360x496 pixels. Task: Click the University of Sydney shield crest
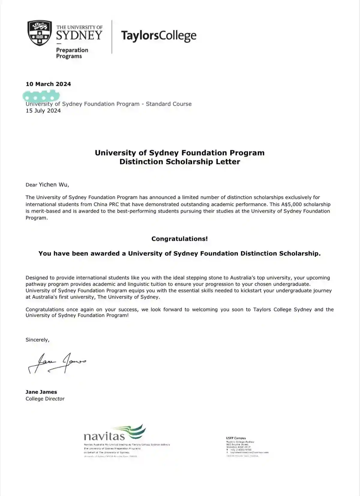pyautogui.click(x=40, y=33)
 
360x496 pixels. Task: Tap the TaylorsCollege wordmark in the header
pyautogui.click(x=159, y=36)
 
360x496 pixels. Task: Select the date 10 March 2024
pyautogui.click(x=48, y=84)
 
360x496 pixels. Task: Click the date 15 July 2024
pyautogui.click(x=43, y=111)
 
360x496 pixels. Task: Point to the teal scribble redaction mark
pyautogui.click(x=41, y=96)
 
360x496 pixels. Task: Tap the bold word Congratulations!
pyautogui.click(x=179, y=239)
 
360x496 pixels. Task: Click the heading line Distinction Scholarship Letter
pyautogui.click(x=180, y=162)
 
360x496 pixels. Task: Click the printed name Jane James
pyautogui.click(x=41, y=392)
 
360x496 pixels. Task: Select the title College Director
pyautogui.click(x=45, y=399)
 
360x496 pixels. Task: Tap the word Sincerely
pyautogui.click(x=37, y=340)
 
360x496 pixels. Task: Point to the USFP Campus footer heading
pyautogui.click(x=236, y=438)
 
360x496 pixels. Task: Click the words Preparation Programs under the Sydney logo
pyautogui.click(x=72, y=53)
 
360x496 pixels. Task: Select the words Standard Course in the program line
pyautogui.click(x=169, y=104)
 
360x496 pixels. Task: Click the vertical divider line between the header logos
pyautogui.click(x=112, y=37)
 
